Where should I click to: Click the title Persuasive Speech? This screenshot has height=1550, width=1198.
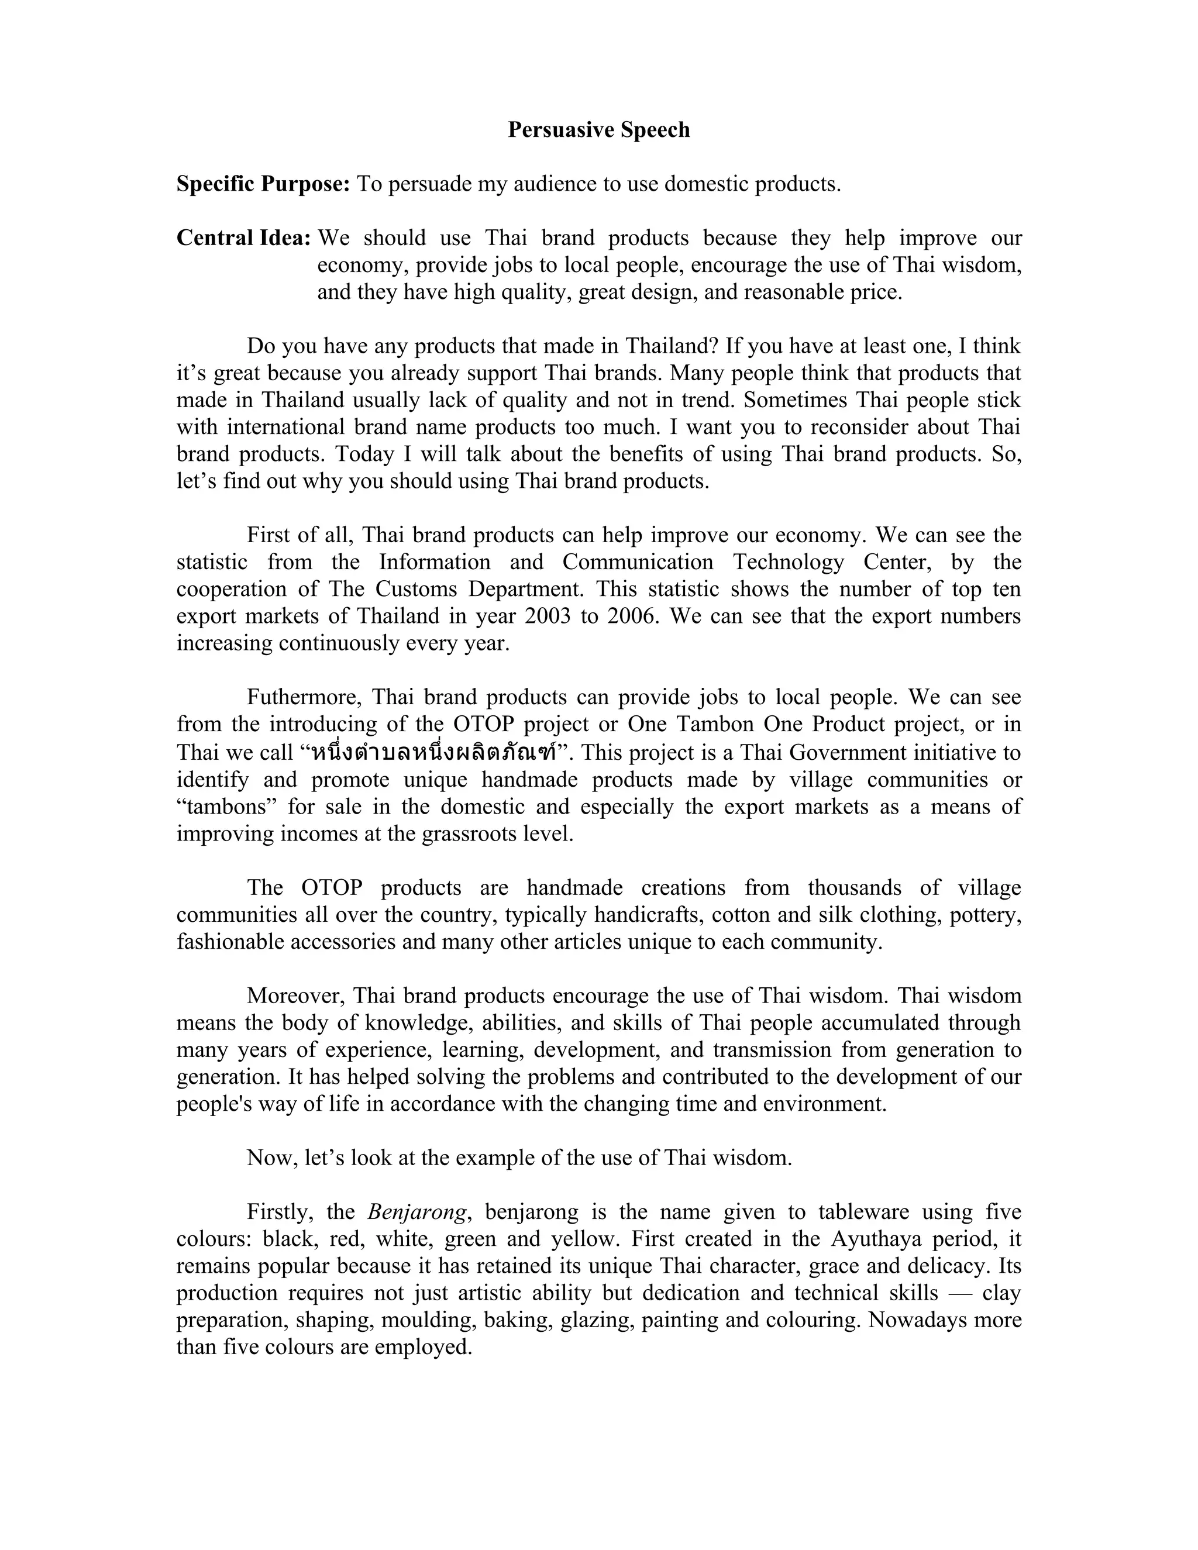[x=598, y=130]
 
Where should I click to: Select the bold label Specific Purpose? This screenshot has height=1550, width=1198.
[x=263, y=184]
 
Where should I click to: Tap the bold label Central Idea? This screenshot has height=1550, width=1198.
[x=243, y=239]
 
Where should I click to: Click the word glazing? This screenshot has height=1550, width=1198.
[x=598, y=1320]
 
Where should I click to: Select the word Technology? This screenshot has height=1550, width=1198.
[x=789, y=562]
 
